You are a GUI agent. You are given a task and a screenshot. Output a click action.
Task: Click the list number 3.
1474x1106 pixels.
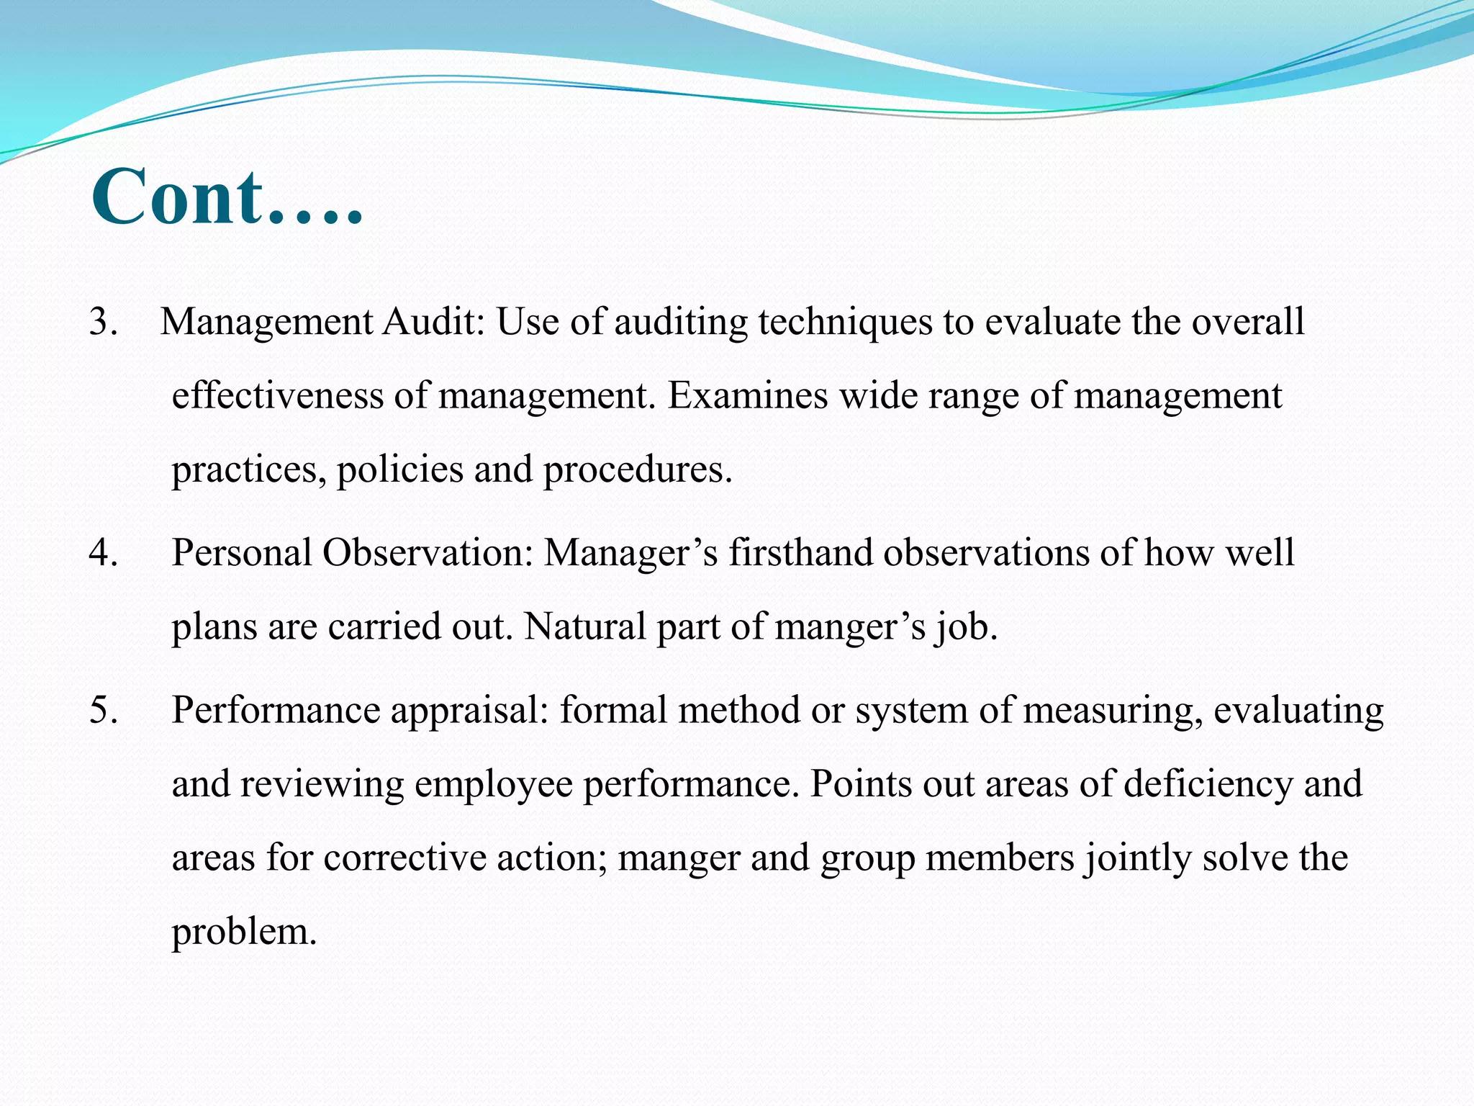[104, 321]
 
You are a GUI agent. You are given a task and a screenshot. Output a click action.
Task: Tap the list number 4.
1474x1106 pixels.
[104, 553]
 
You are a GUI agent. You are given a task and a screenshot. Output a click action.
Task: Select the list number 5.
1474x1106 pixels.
[104, 710]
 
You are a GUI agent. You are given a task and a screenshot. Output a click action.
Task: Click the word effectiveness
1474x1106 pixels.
[277, 395]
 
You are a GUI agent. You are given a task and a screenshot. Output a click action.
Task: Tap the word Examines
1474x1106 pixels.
[748, 395]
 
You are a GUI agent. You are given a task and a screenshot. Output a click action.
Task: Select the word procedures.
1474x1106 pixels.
[638, 470]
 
